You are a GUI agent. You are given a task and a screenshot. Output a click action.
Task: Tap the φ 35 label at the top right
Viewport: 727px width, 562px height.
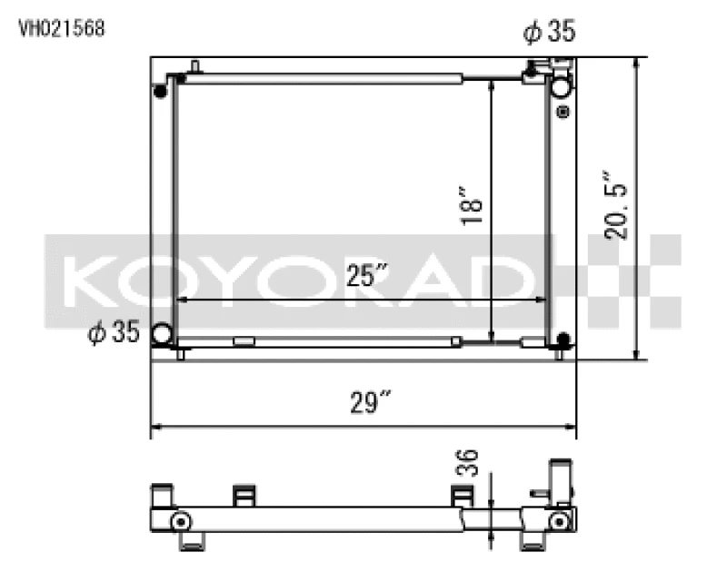548,33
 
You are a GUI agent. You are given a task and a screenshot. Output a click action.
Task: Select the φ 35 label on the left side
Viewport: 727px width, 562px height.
113,333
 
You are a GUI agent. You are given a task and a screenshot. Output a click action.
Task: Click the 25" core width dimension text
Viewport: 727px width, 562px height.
367,275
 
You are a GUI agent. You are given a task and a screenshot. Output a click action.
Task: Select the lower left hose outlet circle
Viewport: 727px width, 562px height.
164,334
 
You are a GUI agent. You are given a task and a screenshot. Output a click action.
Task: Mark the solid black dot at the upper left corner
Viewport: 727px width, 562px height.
161,91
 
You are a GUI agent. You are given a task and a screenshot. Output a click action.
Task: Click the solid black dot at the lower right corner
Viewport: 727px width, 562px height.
563,340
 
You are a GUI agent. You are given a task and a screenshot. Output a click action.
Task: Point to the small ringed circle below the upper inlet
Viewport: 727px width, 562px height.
563,113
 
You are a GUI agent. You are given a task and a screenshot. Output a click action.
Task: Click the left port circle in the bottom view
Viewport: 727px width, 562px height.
180,521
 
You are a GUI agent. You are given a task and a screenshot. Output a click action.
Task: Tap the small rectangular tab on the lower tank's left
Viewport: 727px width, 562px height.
244,342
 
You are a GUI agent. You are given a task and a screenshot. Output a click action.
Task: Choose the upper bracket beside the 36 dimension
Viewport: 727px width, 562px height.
462,496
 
